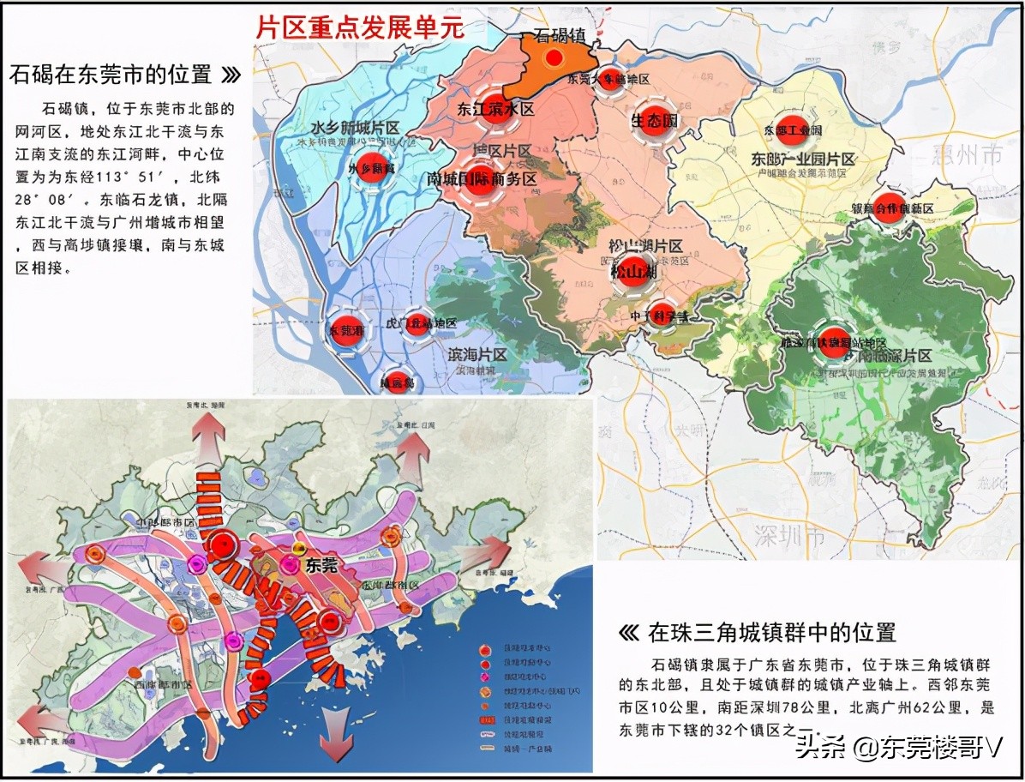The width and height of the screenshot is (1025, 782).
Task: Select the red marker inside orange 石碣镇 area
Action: tap(554, 58)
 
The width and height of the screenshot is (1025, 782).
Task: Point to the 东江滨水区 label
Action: tap(495, 110)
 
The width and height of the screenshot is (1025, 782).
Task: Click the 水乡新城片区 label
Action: tap(355, 128)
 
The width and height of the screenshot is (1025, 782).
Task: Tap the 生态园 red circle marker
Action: tap(654, 120)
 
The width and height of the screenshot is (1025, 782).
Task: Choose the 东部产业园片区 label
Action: tap(803, 159)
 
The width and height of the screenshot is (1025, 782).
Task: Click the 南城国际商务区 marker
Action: tap(482, 180)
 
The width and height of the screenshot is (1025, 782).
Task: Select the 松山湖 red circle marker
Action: tap(633, 269)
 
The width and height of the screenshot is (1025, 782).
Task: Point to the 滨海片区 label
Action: tap(477, 354)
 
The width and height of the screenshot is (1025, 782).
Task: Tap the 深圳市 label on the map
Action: tap(789, 538)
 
